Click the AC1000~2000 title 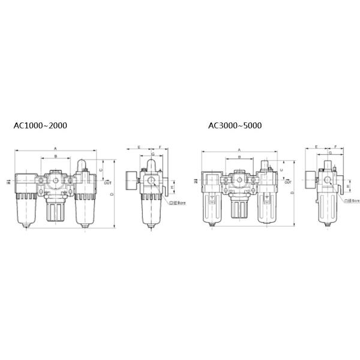click(x=40, y=126)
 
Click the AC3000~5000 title click(x=235, y=126)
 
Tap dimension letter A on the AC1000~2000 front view click(x=56, y=148)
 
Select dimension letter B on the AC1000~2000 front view click(x=56, y=157)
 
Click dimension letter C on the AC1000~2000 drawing click(x=101, y=170)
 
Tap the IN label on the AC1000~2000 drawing click(x=8, y=181)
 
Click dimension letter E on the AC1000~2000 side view click(x=139, y=147)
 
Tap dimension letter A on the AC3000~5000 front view click(x=239, y=149)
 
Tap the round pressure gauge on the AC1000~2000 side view click(x=128, y=179)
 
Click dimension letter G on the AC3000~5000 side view click(x=329, y=154)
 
